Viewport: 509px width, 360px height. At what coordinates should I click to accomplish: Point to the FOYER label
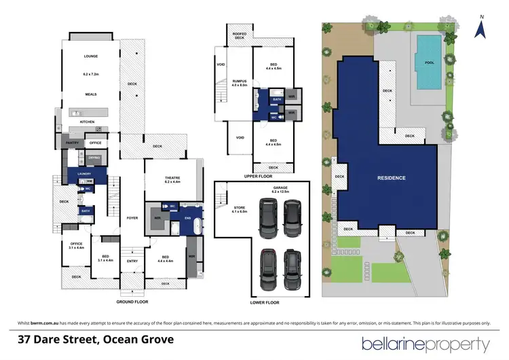pos(132,218)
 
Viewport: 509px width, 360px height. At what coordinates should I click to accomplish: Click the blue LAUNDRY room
pos(84,175)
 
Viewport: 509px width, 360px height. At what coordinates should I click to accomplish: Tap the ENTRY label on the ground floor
pos(132,260)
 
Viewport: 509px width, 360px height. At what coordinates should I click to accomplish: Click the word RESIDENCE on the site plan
pos(391,178)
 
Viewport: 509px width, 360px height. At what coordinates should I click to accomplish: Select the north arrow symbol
pos(481,28)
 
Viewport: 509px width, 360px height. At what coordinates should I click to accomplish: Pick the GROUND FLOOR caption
pos(132,301)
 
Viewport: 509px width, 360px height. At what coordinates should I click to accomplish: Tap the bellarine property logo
pos(426,342)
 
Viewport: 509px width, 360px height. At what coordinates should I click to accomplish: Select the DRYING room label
pos(94,158)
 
